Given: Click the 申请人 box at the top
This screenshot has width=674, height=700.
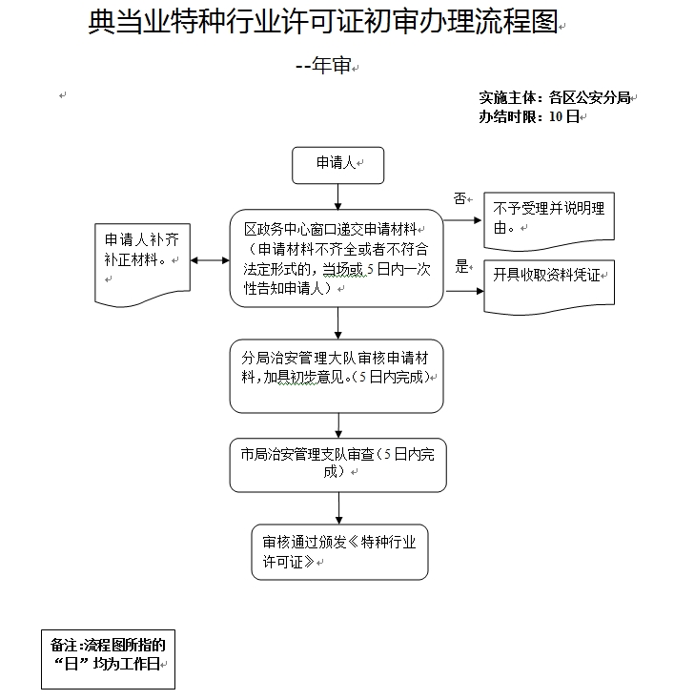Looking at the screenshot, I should pyautogui.click(x=337, y=164).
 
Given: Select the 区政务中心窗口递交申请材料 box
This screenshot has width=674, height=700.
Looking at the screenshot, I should pyautogui.click(x=337, y=258).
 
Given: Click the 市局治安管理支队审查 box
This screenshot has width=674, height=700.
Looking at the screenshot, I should pyautogui.click(x=337, y=464).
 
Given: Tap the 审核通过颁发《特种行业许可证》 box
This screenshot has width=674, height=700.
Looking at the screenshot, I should pyautogui.click(x=339, y=551).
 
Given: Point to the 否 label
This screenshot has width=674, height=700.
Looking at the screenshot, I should pyautogui.click(x=460, y=198).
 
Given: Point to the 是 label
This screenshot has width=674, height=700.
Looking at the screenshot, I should pyautogui.click(x=461, y=266).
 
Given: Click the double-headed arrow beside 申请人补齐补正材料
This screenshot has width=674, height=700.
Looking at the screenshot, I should pyautogui.click(x=210, y=260).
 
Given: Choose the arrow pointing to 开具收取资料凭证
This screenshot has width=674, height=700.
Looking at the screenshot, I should pyautogui.click(x=463, y=289).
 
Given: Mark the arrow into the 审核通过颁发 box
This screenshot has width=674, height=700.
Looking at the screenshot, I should pyautogui.click(x=338, y=508).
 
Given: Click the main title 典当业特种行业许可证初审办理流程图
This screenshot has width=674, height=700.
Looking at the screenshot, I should pyautogui.click(x=322, y=23).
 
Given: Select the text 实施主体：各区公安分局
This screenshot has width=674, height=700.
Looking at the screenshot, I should pyautogui.click(x=555, y=97).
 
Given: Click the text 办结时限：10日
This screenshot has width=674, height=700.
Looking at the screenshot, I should pyautogui.click(x=528, y=117).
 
